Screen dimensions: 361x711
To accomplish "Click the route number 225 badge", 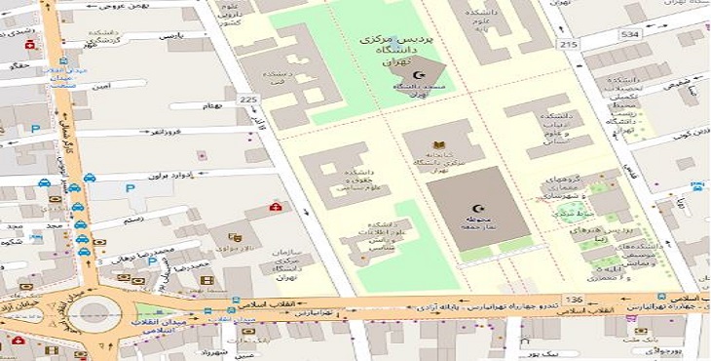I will pyautogui.click(x=249, y=99).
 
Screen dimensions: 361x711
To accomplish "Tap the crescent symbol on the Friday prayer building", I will pyautogui.click(x=476, y=208).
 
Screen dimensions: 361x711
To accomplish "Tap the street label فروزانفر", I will pyautogui.click(x=192, y=130).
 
